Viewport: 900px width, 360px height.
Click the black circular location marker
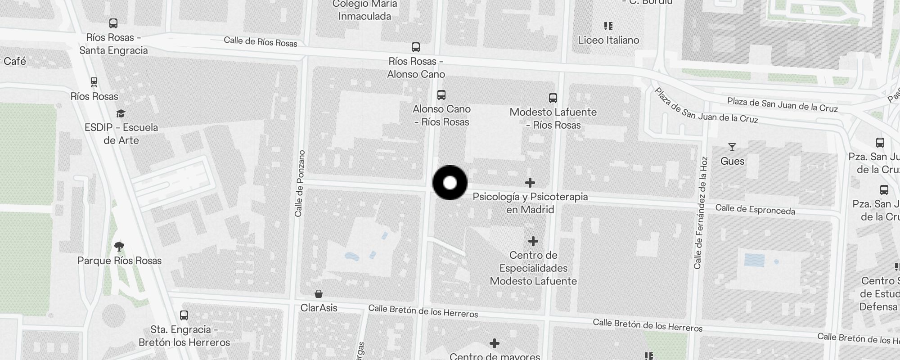pos(450,183)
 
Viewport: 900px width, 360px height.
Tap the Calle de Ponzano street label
pos(300,183)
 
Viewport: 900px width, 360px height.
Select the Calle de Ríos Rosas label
pos(261,42)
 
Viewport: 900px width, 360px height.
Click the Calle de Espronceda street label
pos(755,209)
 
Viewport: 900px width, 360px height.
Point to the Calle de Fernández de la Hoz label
pos(701,213)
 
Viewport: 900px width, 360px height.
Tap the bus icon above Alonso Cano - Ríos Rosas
pos(441,95)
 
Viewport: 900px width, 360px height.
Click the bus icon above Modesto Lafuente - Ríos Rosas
pos(553,98)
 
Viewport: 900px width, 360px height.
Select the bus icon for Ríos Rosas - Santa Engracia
pos(113,23)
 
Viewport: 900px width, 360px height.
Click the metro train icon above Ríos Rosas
pos(94,82)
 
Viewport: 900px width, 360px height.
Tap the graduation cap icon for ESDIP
pos(121,113)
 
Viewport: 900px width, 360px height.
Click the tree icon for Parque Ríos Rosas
pos(119,247)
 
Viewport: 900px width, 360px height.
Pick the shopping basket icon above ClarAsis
pos(319,294)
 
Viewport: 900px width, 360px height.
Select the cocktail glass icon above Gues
pos(732,147)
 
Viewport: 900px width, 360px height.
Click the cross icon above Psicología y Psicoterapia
pos(530,183)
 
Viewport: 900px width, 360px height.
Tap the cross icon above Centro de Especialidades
pos(533,241)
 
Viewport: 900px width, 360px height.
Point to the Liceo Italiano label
pos(608,40)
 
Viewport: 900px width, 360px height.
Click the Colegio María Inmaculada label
pos(365,10)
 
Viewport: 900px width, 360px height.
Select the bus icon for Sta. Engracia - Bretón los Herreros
pos(184,315)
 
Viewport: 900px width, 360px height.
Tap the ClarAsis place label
pos(319,308)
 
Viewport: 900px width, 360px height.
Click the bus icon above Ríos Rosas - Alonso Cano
pos(416,47)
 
